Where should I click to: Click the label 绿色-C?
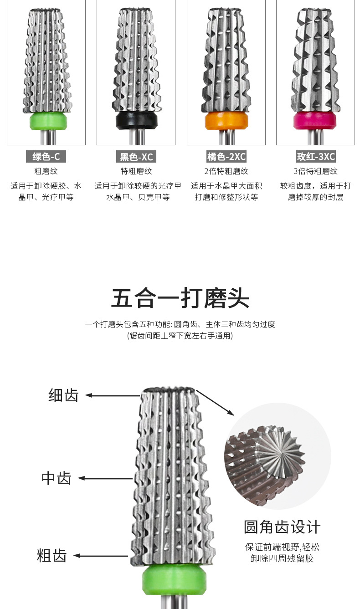pos(46,157)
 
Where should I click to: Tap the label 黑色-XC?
pos(136,157)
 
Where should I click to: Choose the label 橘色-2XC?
pos(226,157)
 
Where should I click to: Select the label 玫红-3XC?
pos(316,157)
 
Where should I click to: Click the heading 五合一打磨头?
pos(180,298)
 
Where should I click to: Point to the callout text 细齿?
pos(63,395)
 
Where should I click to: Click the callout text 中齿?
pos(57,478)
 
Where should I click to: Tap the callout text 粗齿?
pos(52,556)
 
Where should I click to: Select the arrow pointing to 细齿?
pos(112,395)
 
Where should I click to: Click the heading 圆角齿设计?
pos(282,527)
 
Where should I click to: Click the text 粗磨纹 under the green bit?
pos(46,171)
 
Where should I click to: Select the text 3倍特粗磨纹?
pos(316,171)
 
